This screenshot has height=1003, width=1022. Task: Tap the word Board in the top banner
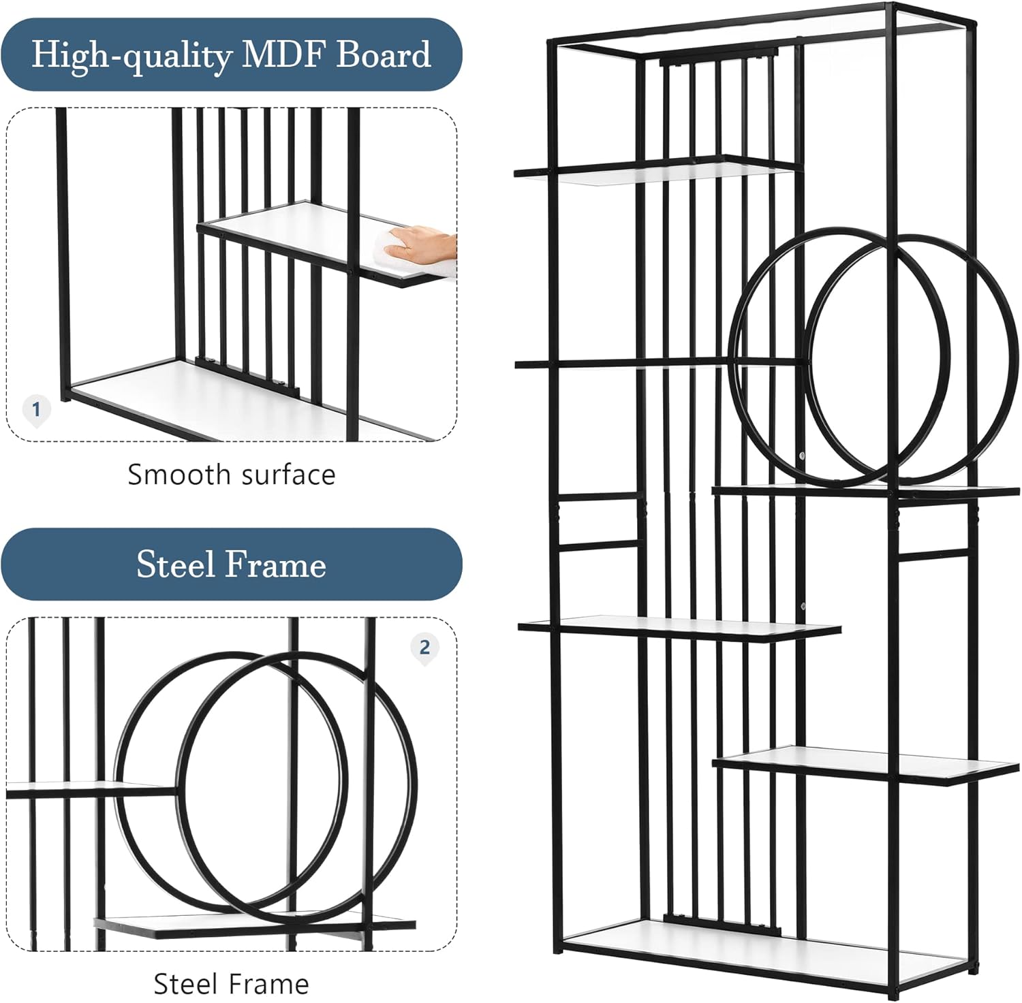(x=384, y=54)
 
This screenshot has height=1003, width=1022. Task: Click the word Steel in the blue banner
(x=176, y=564)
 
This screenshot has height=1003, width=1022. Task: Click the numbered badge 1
(x=37, y=410)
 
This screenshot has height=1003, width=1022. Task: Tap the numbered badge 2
(x=424, y=647)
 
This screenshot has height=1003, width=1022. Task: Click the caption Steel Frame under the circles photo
(x=231, y=983)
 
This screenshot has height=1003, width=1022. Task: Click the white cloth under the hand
(x=412, y=259)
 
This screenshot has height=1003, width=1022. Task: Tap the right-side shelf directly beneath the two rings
(x=866, y=491)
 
